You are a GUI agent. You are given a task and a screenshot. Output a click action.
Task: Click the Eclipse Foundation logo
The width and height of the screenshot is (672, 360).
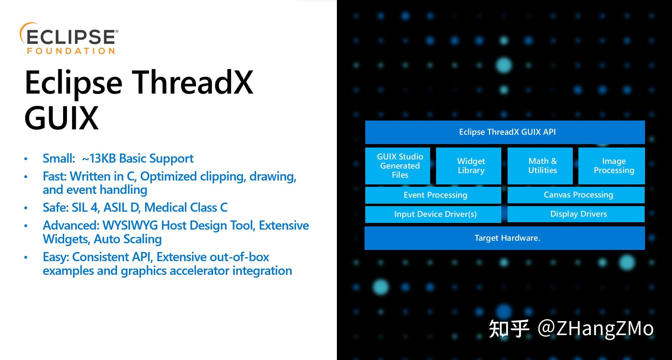pyautogui.click(x=69, y=39)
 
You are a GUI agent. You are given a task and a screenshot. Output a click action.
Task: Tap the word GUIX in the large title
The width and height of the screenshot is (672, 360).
pyautogui.click(x=61, y=117)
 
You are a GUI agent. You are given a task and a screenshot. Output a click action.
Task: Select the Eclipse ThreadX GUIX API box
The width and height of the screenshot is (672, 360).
pyautogui.click(x=505, y=132)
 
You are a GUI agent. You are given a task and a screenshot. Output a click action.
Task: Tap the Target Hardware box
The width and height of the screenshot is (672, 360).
pyautogui.click(x=505, y=238)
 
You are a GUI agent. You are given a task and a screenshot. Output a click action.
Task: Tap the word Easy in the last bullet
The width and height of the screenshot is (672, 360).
pyautogui.click(x=56, y=257)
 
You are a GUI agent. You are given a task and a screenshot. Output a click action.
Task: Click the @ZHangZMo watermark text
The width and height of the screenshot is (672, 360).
pyautogui.click(x=596, y=328)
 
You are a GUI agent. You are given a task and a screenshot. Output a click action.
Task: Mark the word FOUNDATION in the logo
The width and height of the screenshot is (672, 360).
pyautogui.click(x=71, y=51)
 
